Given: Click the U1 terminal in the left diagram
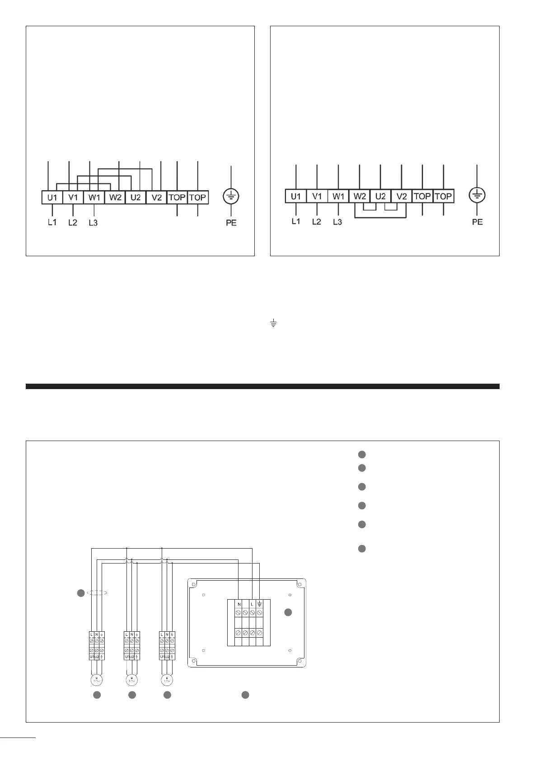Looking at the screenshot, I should (x=52, y=197).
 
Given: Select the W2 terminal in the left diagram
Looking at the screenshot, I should (x=115, y=197).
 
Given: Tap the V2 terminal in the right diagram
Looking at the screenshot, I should (x=401, y=196).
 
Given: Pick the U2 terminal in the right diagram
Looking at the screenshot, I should (x=380, y=196).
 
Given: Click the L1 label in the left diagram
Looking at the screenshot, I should (x=52, y=222).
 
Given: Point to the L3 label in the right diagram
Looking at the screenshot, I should (x=337, y=221).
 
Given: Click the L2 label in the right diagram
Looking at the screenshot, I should (x=317, y=221).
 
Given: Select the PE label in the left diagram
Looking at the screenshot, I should (x=231, y=223).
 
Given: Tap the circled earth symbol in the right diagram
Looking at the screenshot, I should (x=477, y=195).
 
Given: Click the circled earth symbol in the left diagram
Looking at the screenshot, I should (x=231, y=197).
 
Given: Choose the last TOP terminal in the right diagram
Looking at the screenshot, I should (x=443, y=196).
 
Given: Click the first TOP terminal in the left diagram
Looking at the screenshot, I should (x=177, y=197).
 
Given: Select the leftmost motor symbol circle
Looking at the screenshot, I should (x=96, y=679).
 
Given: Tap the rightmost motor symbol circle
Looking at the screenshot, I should (x=167, y=679).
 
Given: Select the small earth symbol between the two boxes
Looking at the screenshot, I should (x=273, y=323).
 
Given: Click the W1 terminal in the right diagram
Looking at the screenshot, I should (x=338, y=196).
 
